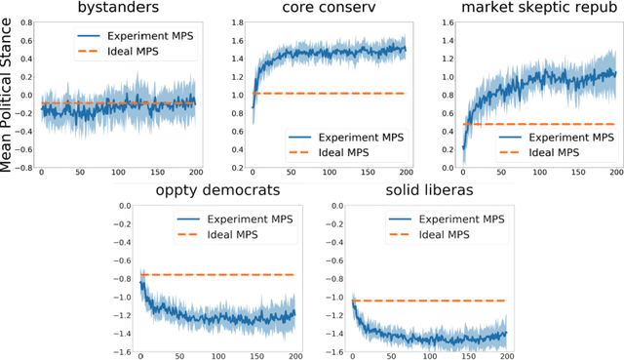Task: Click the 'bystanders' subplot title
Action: coord(117,11)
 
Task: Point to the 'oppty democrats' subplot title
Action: coord(217,190)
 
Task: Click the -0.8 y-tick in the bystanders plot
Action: coord(21,151)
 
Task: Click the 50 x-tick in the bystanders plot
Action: coord(78,171)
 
